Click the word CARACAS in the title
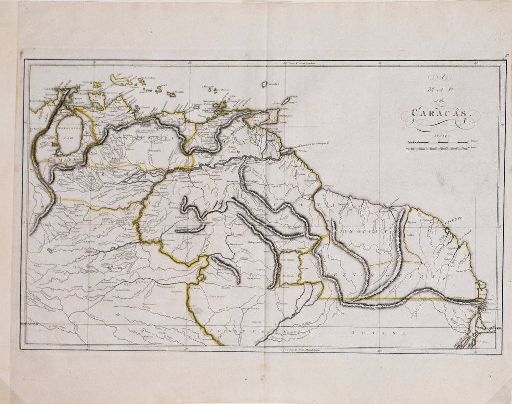click(440, 113)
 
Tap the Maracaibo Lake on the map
click(70, 135)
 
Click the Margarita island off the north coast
click(219, 105)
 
